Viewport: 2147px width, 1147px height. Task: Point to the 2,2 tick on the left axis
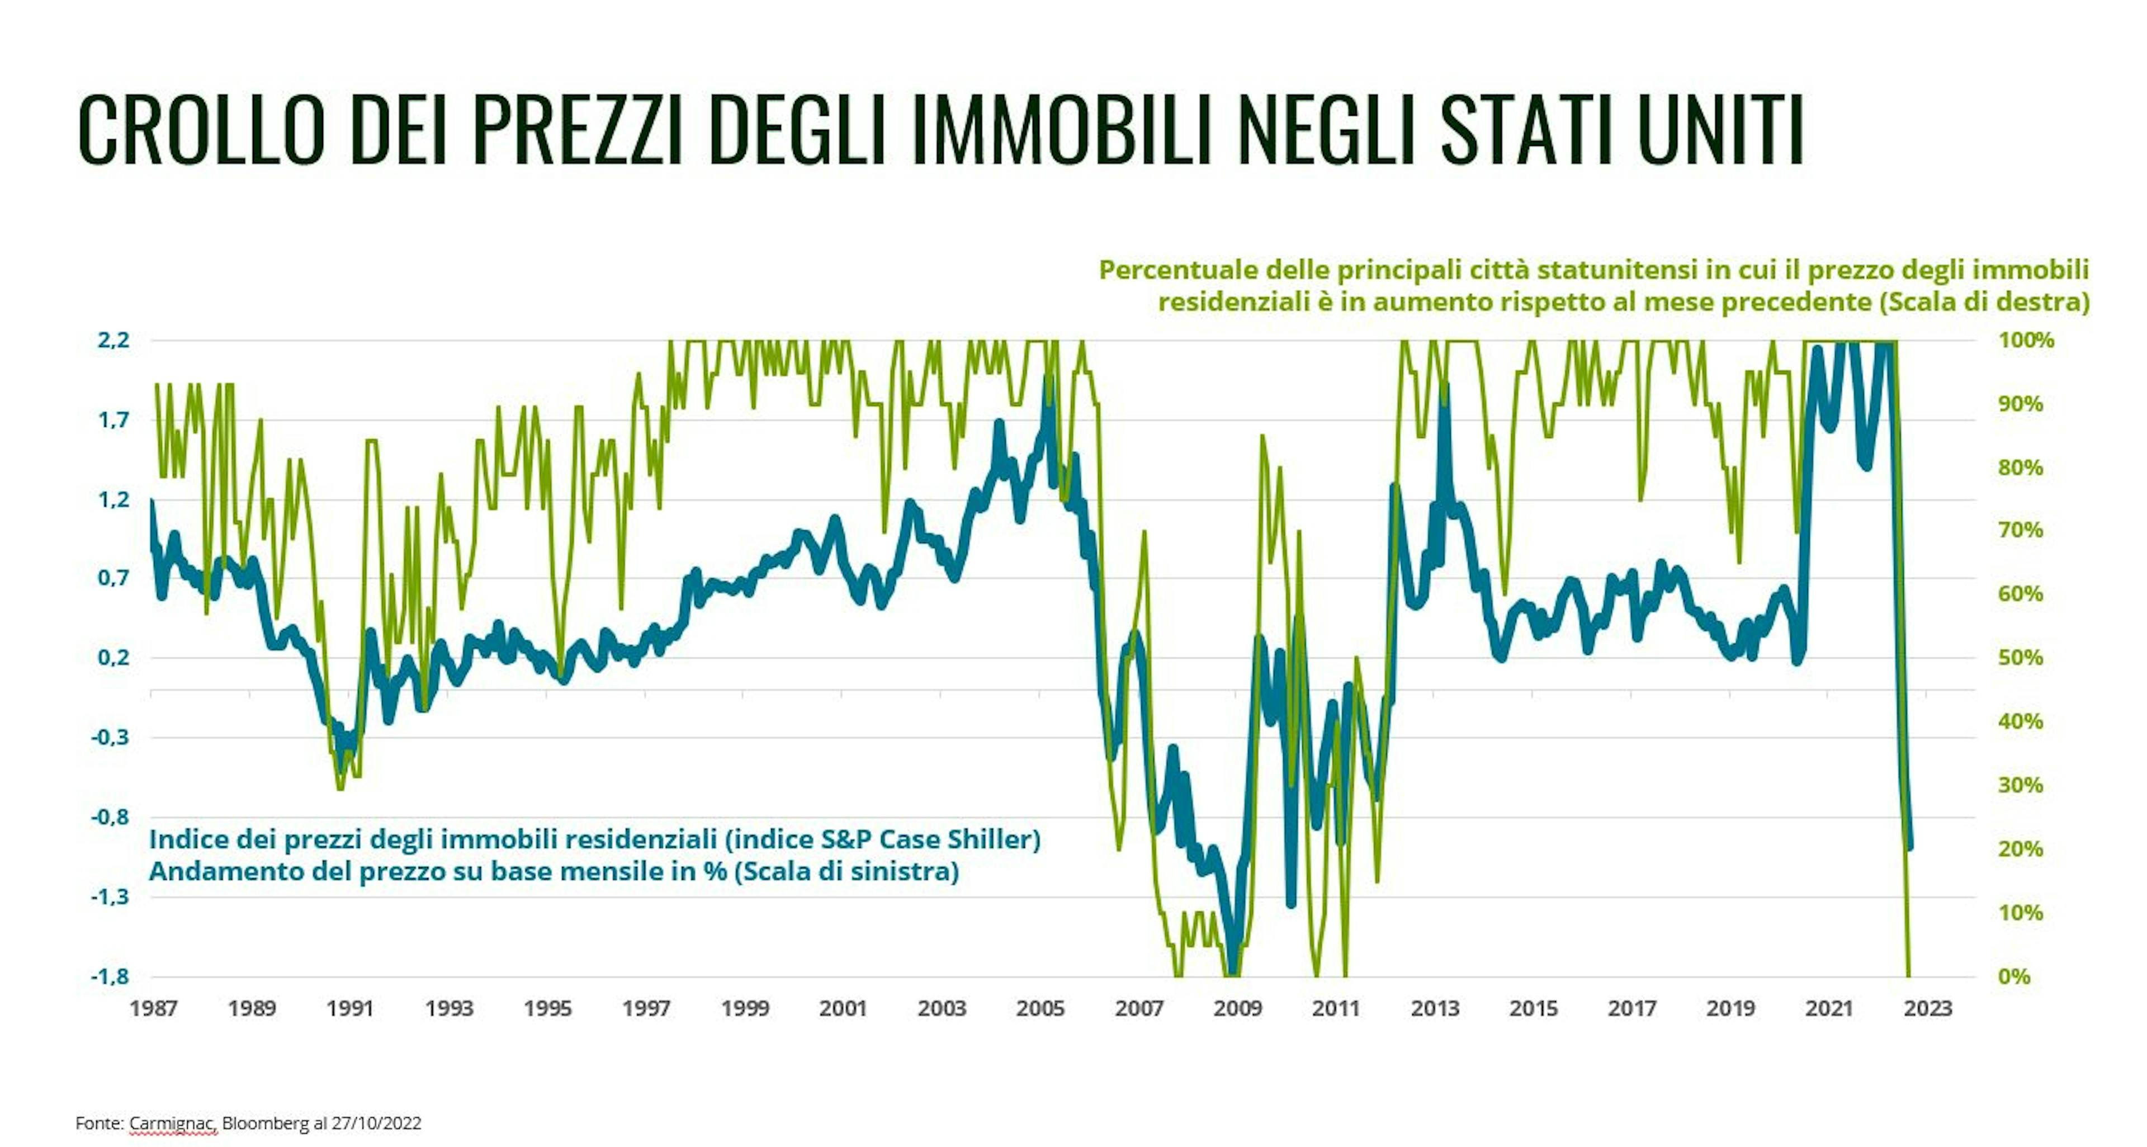[114, 340]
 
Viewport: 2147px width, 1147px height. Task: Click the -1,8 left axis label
[110, 976]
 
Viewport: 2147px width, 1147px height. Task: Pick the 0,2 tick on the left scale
[114, 658]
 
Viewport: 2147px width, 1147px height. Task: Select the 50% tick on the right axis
[2020, 658]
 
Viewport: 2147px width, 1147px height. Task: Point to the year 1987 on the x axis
[153, 1009]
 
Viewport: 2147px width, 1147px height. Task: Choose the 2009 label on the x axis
[1238, 1009]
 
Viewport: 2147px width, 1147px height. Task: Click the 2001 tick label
[844, 1009]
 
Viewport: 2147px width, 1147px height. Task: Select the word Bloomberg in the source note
[265, 1123]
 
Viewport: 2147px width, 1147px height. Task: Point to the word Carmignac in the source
[173, 1123]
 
